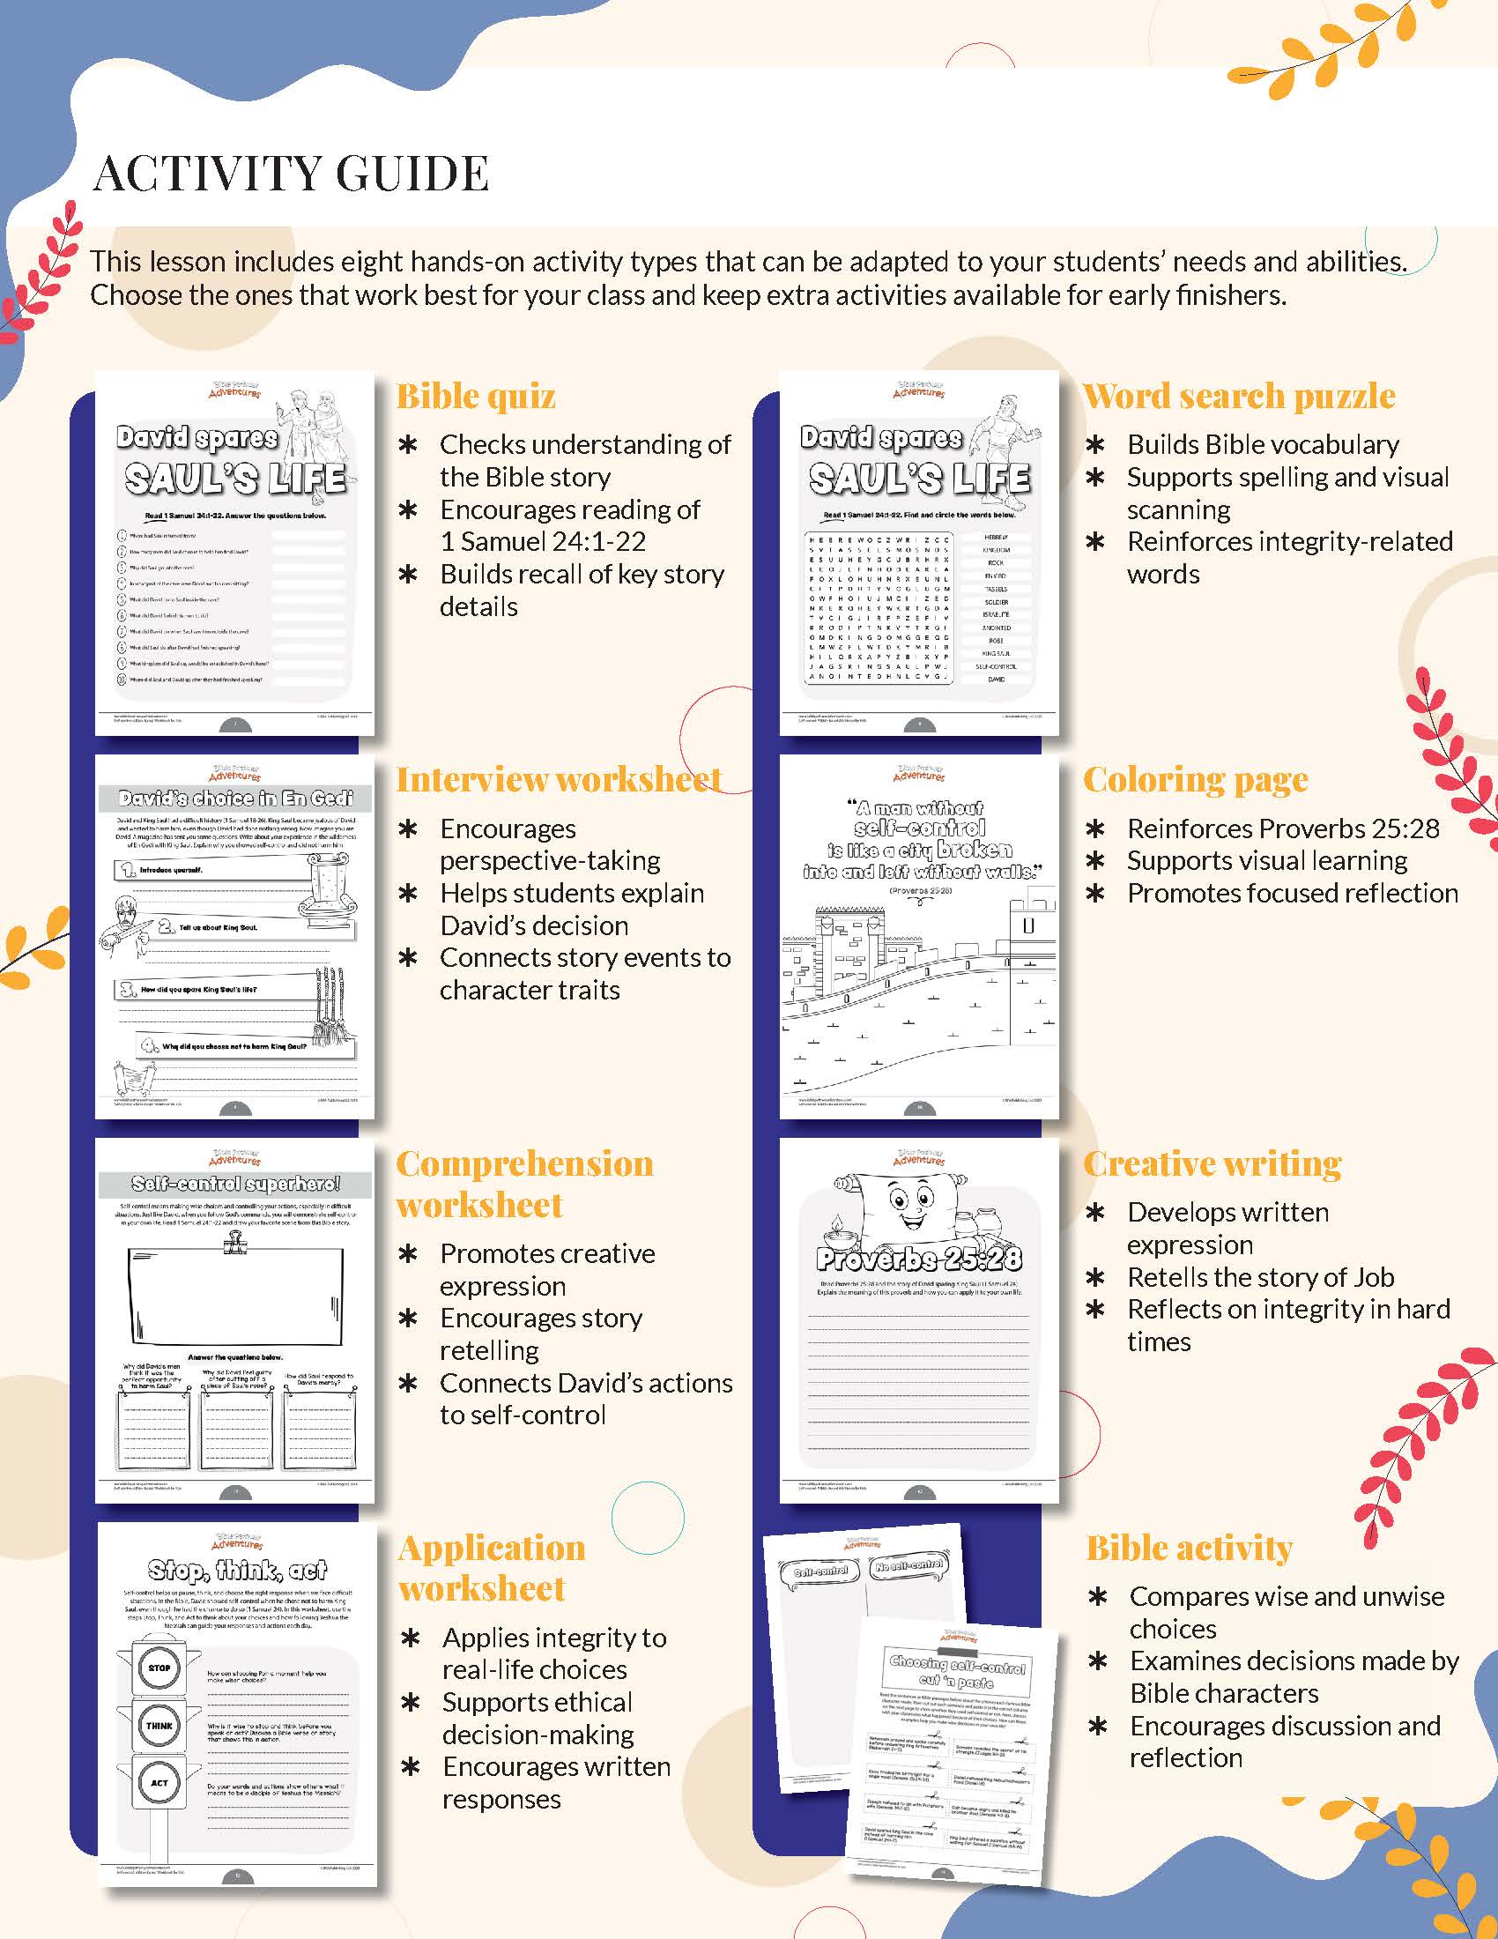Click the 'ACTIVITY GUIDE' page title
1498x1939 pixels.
tap(291, 173)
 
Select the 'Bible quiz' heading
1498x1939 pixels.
tap(476, 396)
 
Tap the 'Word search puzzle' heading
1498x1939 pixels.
tap(1239, 396)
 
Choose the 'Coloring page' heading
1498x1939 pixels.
tap(1196, 779)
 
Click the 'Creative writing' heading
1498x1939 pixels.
tap(1212, 1164)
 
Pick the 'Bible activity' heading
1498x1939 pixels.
tap(1190, 1549)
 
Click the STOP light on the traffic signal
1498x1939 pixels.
tap(159, 1668)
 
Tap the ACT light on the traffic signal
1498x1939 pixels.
tap(159, 1783)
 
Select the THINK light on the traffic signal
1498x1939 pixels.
tap(159, 1725)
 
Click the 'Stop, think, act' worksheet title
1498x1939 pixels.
tap(237, 1571)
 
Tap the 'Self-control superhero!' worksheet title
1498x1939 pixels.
tap(235, 1185)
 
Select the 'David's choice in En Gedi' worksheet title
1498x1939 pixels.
tap(235, 799)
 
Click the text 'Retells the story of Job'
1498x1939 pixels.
tap(1260, 1278)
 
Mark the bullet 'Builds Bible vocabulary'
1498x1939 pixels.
tap(1263, 444)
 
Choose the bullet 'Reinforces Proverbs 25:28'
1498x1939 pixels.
tap(1282, 828)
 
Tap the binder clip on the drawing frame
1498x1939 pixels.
tap(235, 1244)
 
